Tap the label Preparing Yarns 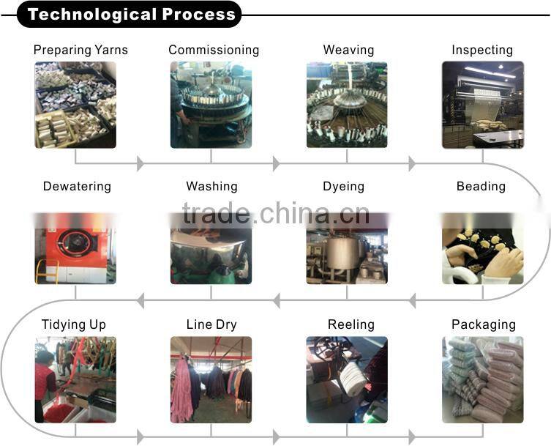click(80, 50)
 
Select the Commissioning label click(214, 50)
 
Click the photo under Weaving click(347, 104)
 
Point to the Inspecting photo click(483, 104)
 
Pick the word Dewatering click(77, 186)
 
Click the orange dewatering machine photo click(75, 249)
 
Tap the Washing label click(211, 186)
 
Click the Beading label click(481, 186)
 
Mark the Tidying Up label click(74, 324)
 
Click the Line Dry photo click(211, 379)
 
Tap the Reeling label click(351, 324)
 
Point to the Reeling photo click(347, 379)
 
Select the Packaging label click(484, 324)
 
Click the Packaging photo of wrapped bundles click(483, 379)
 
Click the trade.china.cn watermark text click(276, 214)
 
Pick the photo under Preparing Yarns click(75, 104)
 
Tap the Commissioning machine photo click(211, 104)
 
